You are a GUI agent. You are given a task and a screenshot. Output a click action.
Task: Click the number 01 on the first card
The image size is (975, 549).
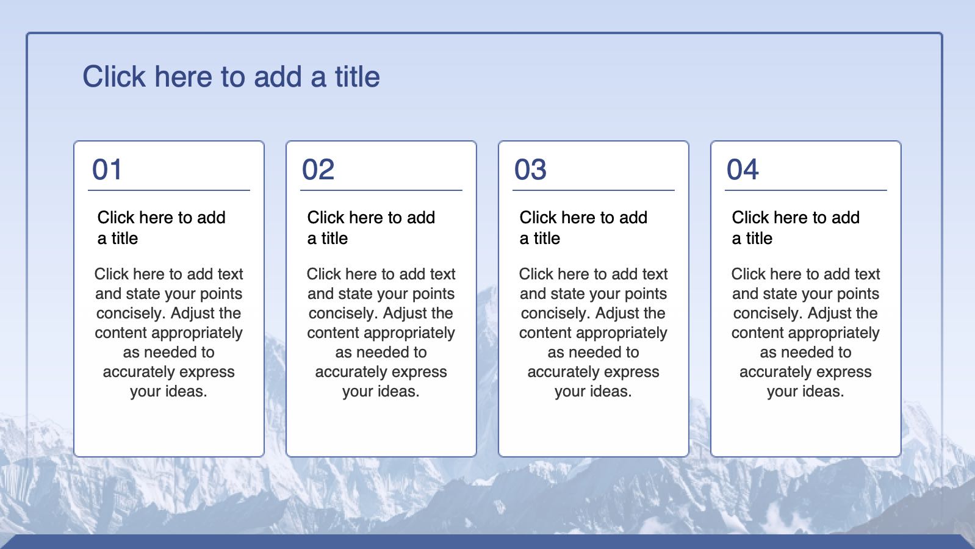pos(107,169)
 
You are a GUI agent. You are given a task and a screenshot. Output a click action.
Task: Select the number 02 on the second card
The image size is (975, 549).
pos(318,169)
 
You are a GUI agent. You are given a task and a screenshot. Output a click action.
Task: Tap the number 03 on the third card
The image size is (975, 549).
pos(530,169)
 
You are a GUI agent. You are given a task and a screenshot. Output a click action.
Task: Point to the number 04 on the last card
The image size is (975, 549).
pos(743,169)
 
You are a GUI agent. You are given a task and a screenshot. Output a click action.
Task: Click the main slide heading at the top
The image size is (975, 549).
pos(231,77)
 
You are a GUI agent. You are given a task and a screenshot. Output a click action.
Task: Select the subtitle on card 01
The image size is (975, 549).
pos(161,228)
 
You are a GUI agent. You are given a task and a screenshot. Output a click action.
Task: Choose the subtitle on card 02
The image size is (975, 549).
pos(371,228)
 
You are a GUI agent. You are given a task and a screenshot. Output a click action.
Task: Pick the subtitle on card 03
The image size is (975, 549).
pos(583,228)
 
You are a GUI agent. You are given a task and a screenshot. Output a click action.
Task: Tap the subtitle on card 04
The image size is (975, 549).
pos(796,228)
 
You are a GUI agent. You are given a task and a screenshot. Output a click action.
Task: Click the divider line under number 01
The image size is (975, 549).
pos(169,190)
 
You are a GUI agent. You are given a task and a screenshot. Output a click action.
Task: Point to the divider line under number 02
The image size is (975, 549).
pos(381,190)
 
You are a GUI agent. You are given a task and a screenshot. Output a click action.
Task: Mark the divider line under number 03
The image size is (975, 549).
pos(594,190)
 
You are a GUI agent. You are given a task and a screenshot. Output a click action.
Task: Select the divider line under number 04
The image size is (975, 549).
pos(805,190)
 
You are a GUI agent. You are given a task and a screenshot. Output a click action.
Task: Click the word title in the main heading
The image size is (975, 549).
pos(358,77)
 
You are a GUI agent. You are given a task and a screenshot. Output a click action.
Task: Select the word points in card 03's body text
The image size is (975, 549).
pos(646,294)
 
